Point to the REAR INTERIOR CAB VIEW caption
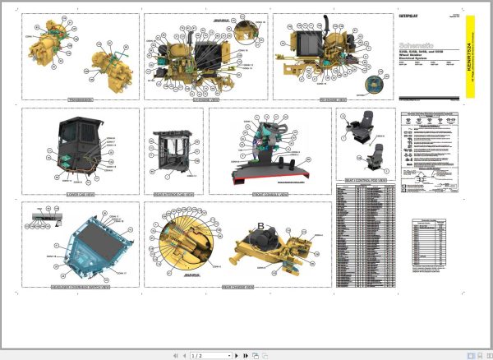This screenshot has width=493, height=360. click(173, 194)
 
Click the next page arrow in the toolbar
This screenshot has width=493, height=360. click(236, 355)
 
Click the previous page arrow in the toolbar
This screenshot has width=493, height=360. click(184, 355)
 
